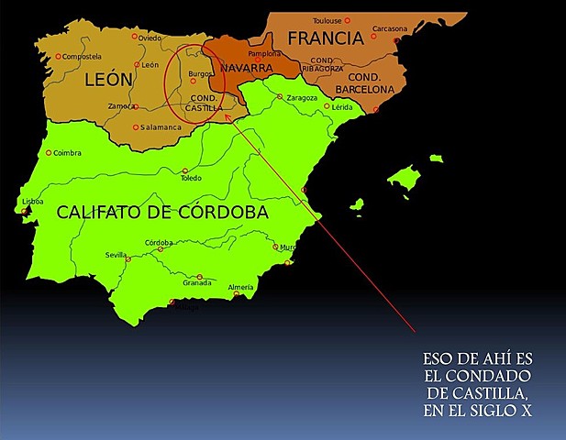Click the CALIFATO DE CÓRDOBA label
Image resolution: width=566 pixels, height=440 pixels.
(x=162, y=212)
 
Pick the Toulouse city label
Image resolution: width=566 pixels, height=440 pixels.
(x=327, y=20)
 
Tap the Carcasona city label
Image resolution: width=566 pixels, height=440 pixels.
(x=390, y=28)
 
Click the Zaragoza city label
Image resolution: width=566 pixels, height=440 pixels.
(x=302, y=97)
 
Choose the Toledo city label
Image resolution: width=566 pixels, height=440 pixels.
(x=190, y=179)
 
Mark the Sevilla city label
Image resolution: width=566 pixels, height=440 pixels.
(x=117, y=255)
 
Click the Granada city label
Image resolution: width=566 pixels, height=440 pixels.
(x=197, y=283)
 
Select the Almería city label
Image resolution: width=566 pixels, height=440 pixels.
(x=240, y=288)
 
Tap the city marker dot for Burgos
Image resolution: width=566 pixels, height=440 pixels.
(x=194, y=82)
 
